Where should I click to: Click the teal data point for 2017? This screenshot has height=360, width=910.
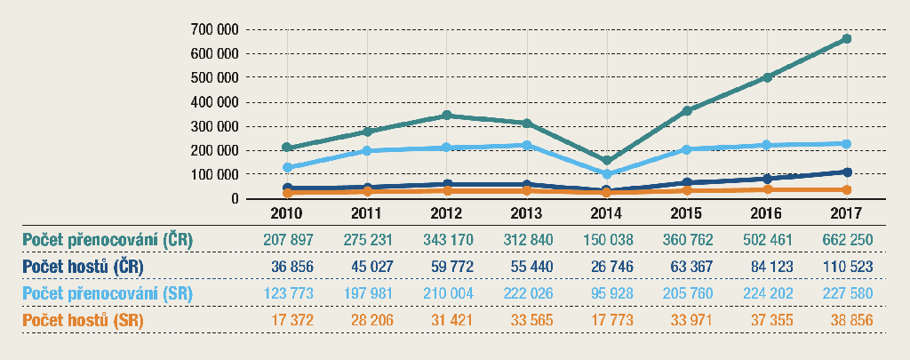click(847, 39)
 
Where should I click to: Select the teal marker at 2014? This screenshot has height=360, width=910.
click(607, 162)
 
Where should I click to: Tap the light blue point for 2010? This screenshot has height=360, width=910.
click(287, 168)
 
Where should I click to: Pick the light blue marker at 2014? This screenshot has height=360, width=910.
click(607, 174)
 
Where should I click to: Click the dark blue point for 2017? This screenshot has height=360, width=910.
click(847, 172)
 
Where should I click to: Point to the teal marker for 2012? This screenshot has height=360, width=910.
click(447, 116)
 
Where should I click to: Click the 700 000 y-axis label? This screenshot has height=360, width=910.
click(214, 29)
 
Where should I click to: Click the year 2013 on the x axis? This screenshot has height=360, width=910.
click(527, 214)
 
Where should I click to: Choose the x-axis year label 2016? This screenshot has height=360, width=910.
click(767, 214)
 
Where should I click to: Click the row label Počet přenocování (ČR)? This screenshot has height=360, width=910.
click(108, 240)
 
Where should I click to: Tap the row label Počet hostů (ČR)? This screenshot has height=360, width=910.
click(83, 267)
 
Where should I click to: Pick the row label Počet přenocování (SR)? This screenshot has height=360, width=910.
click(108, 293)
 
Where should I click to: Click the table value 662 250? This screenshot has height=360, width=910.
click(847, 240)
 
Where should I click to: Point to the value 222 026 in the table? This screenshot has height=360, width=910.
click(527, 293)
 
